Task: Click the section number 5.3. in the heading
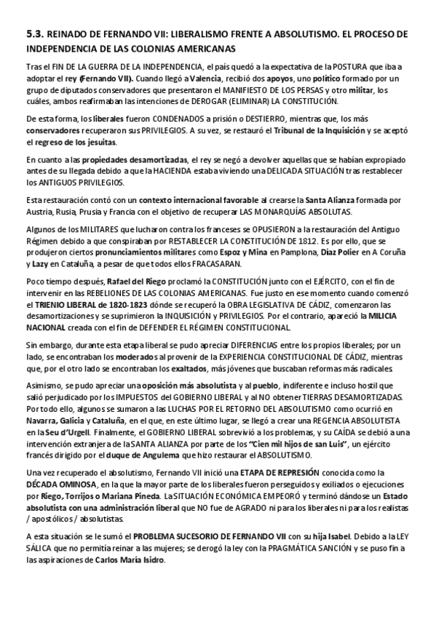pos(34,34)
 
